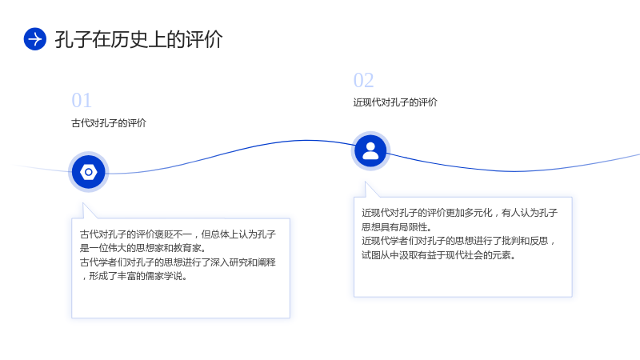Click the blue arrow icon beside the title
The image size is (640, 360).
35,39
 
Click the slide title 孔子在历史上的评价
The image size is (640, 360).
138,39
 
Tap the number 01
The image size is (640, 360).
82,101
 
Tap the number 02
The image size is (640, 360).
364,81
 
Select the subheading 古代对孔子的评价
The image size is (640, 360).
109,123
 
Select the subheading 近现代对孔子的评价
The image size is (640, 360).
395,102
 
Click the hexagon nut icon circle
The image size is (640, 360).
89,172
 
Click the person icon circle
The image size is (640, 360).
370,151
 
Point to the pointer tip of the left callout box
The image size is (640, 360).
83,203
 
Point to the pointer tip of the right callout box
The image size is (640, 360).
366,182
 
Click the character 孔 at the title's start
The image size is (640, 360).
64,39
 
